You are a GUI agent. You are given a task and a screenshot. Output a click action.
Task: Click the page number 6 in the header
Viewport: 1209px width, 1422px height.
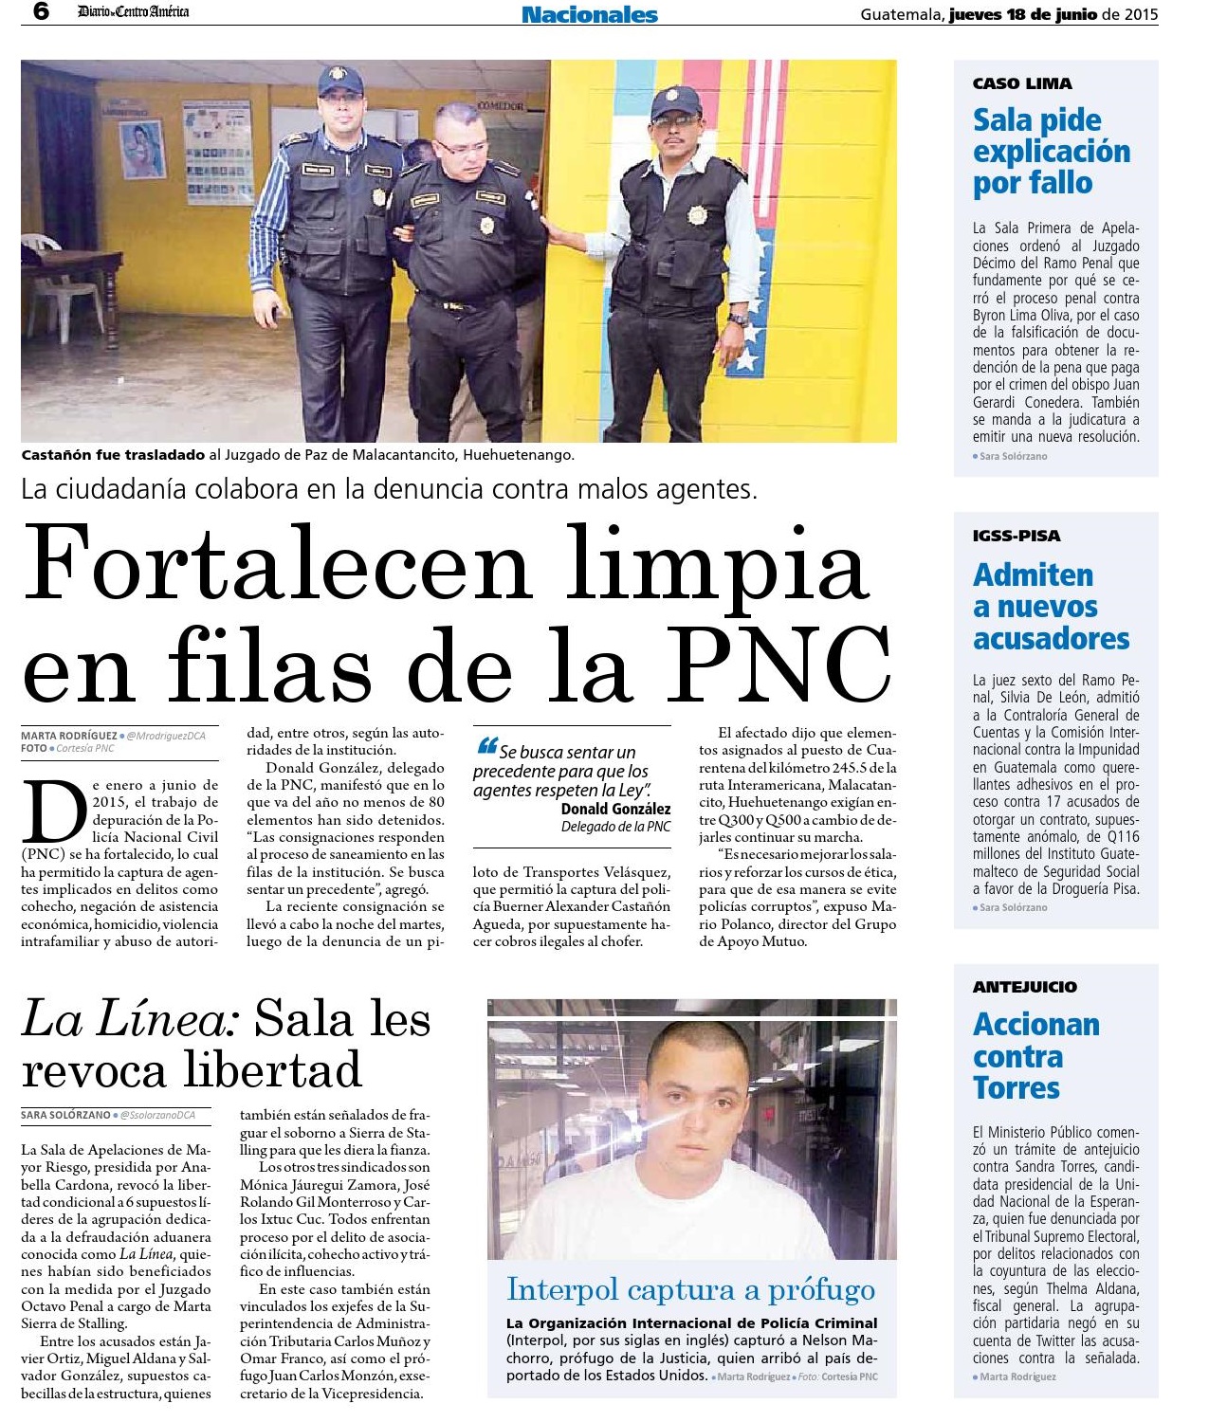coord(41,12)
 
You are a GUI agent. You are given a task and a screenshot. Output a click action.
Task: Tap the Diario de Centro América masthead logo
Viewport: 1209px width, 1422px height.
coord(133,12)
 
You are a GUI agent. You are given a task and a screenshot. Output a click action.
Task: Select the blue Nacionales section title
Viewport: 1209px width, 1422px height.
coord(589,14)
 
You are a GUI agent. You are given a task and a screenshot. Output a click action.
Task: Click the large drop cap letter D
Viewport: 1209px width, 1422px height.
coord(54,812)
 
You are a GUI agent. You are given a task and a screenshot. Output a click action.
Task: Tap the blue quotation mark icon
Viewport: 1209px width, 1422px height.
coord(487,746)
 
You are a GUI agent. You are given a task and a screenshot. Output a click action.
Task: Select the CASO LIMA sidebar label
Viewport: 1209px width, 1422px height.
coord(1022,83)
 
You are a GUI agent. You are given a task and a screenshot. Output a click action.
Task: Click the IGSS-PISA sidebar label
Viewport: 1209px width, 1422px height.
coord(1017,536)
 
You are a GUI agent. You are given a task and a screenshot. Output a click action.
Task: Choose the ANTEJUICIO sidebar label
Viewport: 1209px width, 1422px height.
coord(1024,987)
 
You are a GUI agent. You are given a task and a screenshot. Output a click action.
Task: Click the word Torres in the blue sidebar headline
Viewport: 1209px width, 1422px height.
coord(1016,1088)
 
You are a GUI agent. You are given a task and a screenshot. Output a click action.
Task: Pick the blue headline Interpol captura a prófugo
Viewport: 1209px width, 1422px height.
coord(690,1289)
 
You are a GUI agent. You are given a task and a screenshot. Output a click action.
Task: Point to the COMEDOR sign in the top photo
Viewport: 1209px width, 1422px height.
coord(499,106)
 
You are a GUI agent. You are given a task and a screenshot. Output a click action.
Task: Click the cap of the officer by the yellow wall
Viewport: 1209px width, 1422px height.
coord(676,100)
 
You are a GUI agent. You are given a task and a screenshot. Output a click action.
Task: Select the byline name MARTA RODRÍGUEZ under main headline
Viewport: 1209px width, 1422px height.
coord(68,736)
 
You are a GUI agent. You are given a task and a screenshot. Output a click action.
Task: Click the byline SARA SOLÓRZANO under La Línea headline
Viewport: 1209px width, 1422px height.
coord(65,1116)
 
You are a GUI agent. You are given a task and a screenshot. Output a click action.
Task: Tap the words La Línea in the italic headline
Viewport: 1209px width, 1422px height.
coord(131,1020)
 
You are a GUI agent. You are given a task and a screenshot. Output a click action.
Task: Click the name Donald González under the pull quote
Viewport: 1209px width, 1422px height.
coord(615,809)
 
